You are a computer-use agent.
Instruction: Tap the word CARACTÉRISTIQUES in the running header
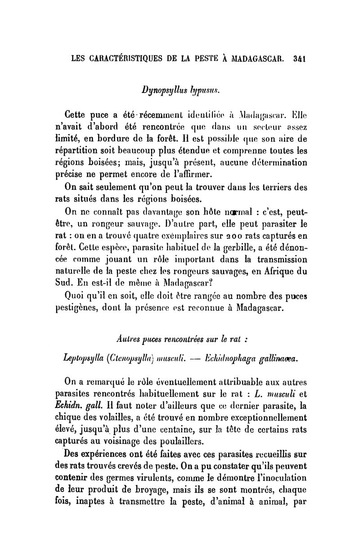coord(118,58)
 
